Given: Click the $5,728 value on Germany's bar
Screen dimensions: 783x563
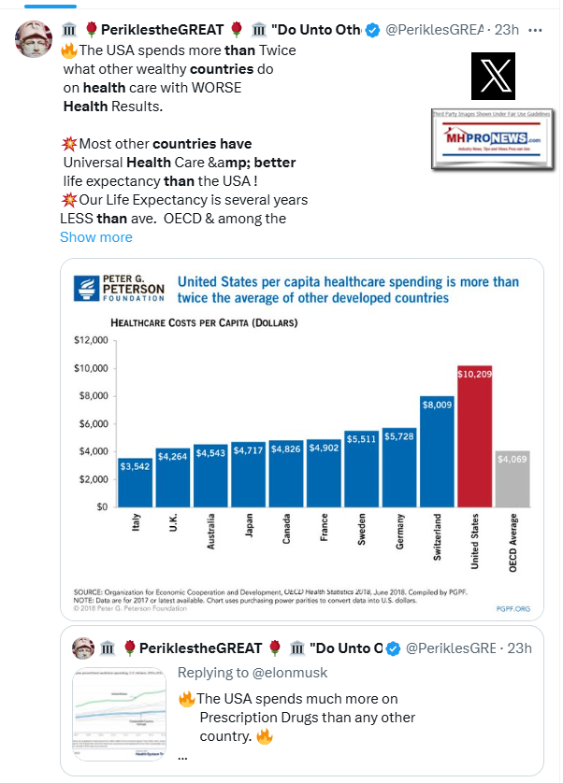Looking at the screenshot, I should [400, 436].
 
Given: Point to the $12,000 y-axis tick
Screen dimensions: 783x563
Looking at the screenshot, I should [91, 341].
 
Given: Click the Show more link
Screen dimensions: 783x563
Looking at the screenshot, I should [96, 237].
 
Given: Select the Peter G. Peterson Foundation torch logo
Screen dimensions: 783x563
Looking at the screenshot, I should [87, 289].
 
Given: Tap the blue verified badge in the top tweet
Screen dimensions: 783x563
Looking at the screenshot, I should [372, 30].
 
